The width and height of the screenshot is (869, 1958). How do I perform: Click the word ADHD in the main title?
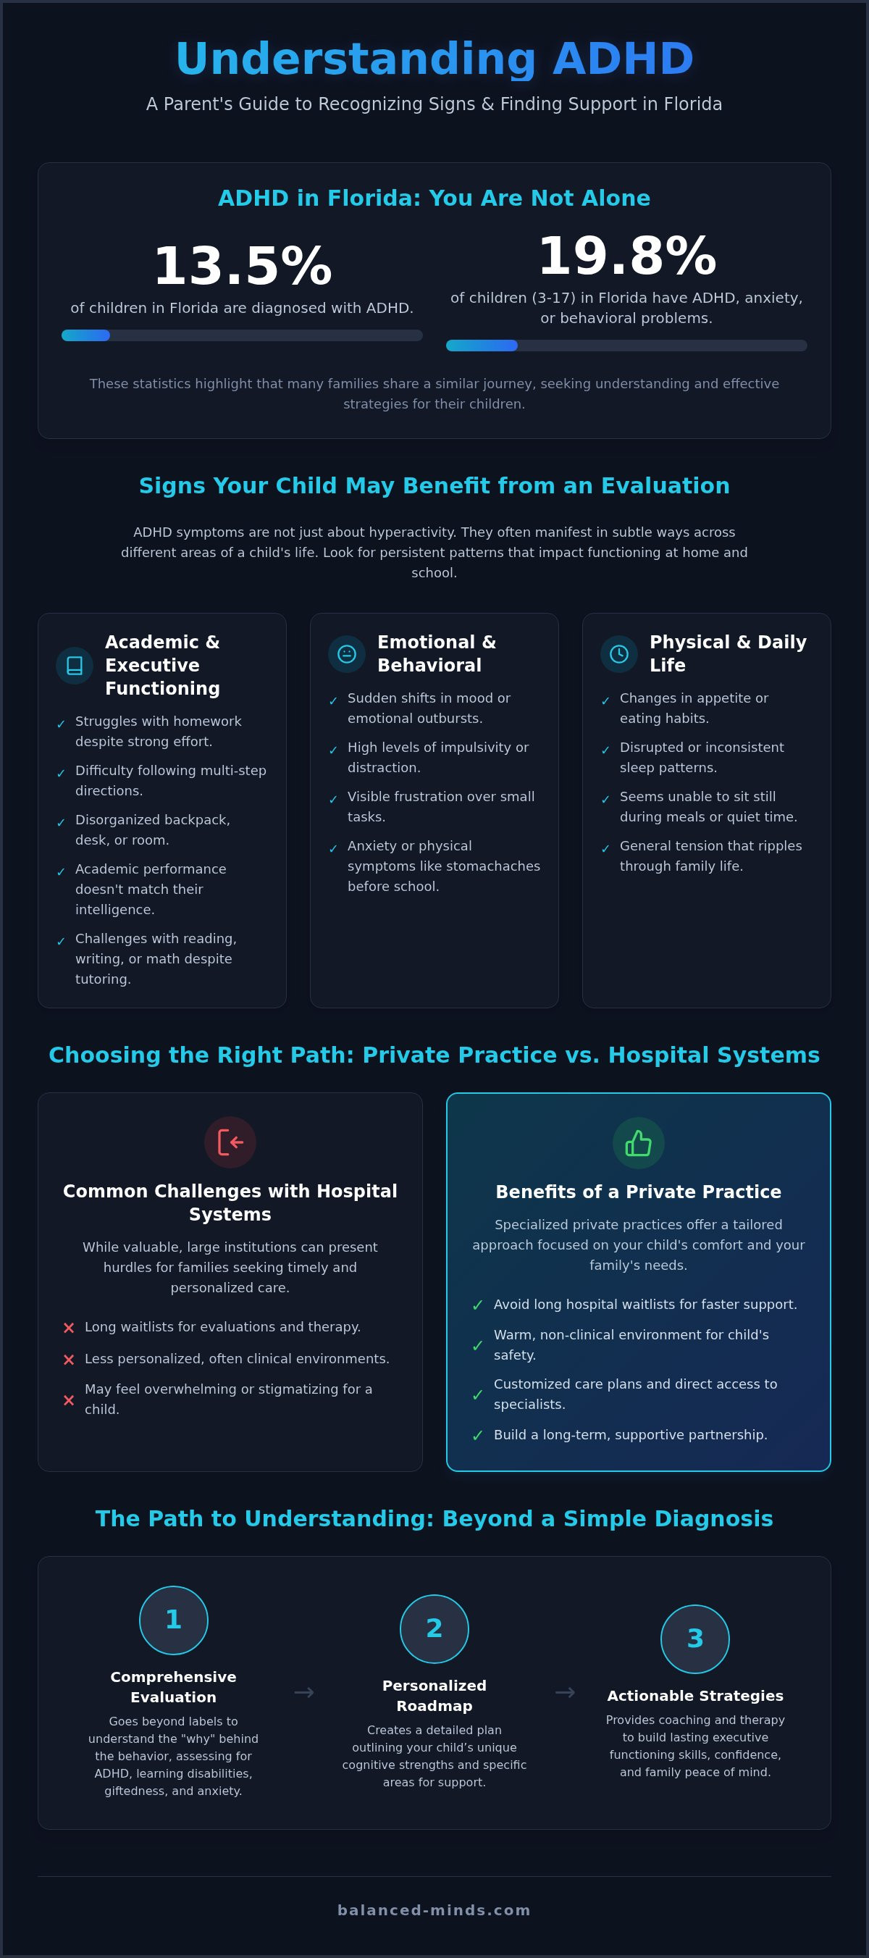click(623, 59)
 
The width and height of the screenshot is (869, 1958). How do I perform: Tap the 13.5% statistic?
click(243, 266)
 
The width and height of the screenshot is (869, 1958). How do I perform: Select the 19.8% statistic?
click(626, 256)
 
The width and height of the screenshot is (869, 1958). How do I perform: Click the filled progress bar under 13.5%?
click(86, 335)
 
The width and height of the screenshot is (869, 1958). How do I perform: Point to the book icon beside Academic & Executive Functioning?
click(75, 666)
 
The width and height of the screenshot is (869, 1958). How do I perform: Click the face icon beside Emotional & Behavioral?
click(346, 654)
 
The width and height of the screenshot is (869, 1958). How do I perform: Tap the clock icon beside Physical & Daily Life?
click(619, 654)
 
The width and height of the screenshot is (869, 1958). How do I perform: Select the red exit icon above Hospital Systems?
click(230, 1142)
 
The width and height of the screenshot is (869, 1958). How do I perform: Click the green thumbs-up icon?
click(639, 1142)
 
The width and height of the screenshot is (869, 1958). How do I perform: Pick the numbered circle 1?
click(173, 1620)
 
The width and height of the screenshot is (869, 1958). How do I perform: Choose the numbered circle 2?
click(434, 1629)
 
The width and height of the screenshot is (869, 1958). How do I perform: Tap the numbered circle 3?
click(695, 1639)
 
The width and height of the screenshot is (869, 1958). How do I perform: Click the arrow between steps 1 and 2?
click(304, 1693)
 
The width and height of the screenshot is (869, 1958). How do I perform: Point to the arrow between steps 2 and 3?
click(565, 1693)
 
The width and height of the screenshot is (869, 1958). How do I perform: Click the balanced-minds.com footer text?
click(434, 1910)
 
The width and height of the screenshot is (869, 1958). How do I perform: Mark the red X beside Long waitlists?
click(68, 1328)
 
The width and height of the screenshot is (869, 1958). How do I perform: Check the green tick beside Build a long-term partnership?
click(478, 1435)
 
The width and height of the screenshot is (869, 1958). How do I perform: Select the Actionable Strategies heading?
click(695, 1696)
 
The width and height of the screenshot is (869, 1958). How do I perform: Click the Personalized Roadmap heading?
click(434, 1696)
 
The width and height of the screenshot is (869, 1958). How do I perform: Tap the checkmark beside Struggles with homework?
click(61, 724)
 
